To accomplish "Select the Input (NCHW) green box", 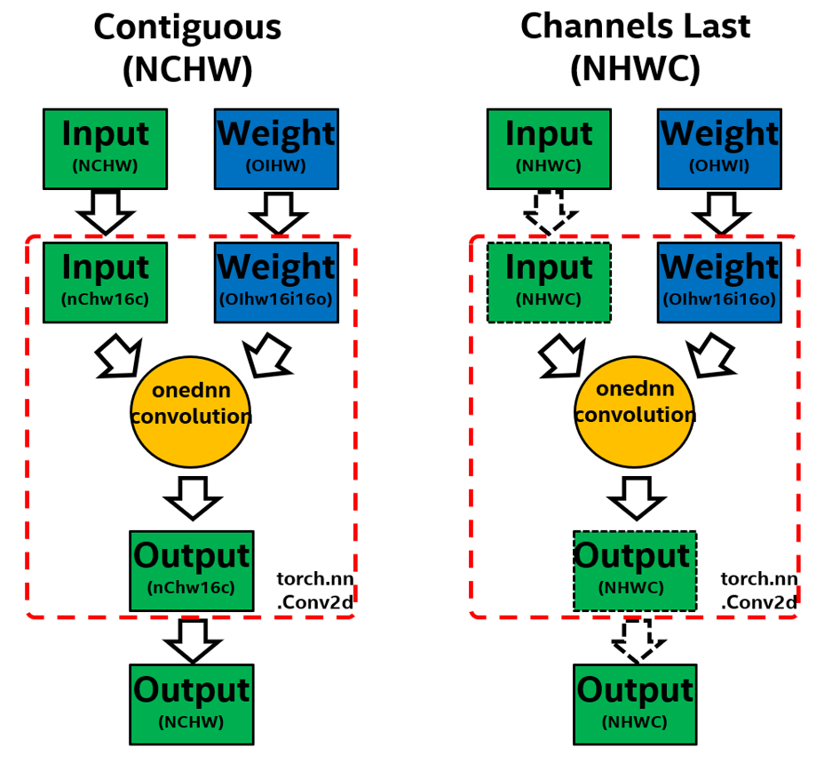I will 106,148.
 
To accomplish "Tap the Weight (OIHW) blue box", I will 277,148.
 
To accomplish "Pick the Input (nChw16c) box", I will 106,282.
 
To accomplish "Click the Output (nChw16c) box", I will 192,570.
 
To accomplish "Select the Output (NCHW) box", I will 192,703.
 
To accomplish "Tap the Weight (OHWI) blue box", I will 719,148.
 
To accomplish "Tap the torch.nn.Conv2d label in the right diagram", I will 757,590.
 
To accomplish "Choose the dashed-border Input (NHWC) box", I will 550,282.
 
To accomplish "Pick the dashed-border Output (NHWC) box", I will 635,570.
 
